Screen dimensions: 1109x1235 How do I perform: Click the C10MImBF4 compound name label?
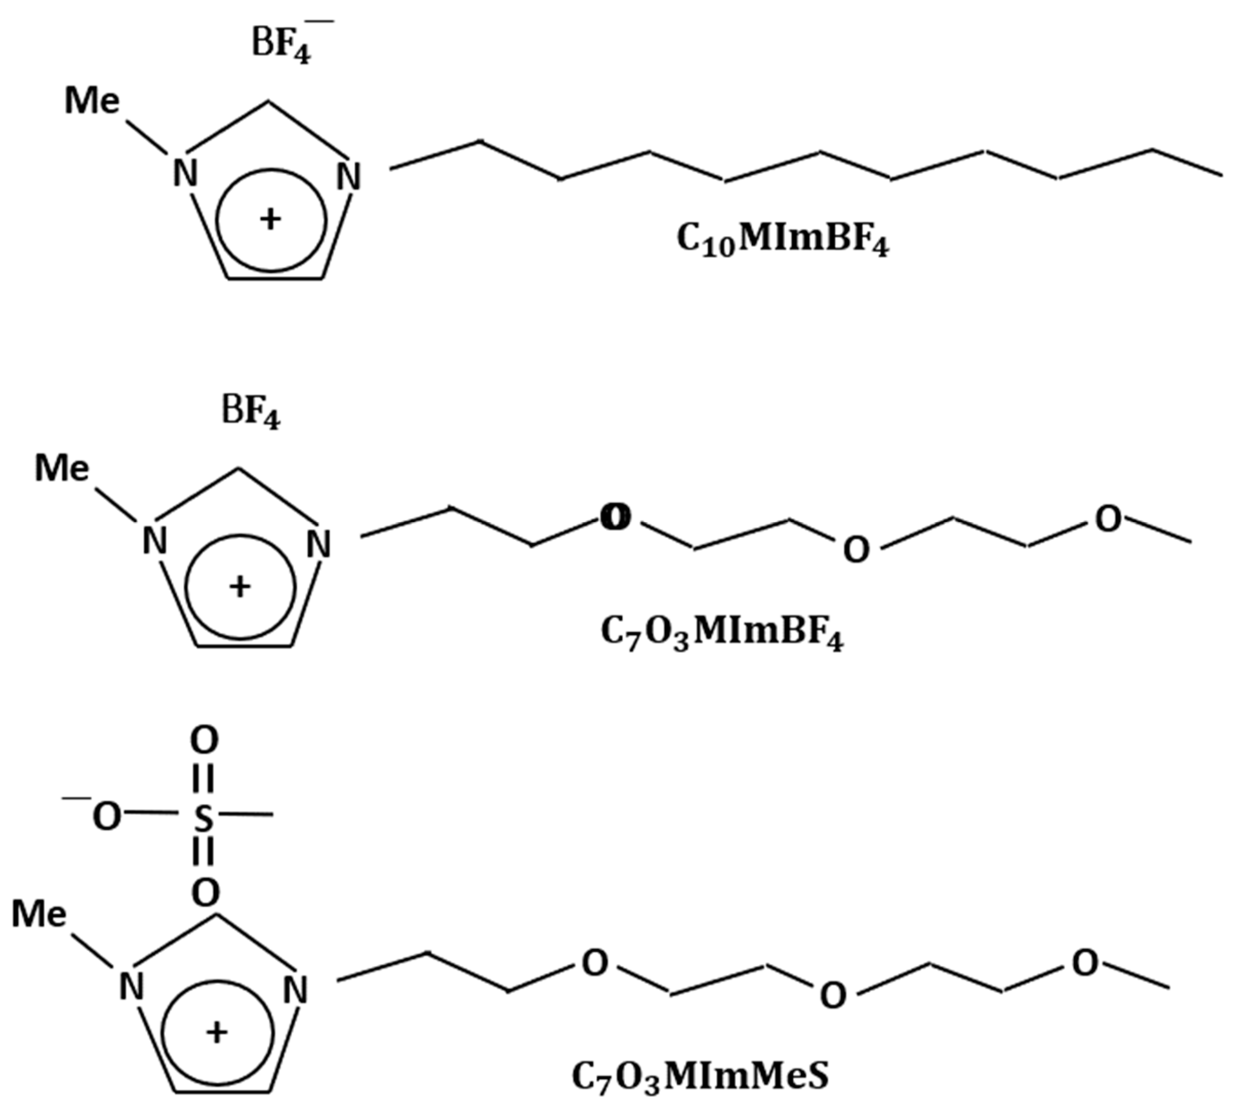click(x=783, y=239)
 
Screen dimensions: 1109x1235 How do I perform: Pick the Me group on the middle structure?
click(x=61, y=468)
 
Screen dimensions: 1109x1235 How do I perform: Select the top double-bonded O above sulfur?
click(x=204, y=741)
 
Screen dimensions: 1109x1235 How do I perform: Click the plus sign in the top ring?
click(x=270, y=219)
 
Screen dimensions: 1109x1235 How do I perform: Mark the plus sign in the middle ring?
click(x=240, y=587)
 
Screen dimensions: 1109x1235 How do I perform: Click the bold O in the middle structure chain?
click(x=615, y=517)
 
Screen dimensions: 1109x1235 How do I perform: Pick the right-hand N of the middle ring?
click(x=318, y=544)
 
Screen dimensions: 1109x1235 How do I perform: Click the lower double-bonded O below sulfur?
click(x=205, y=893)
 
